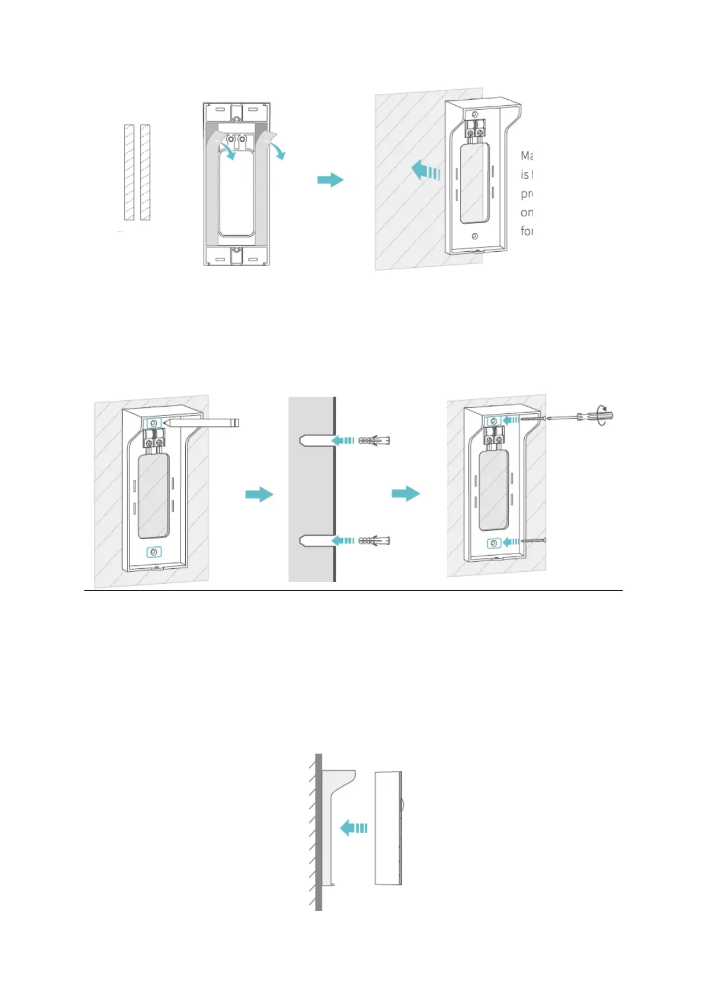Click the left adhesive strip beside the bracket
pyautogui.click(x=129, y=172)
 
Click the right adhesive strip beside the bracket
pyautogui.click(x=145, y=172)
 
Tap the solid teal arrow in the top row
pyautogui.click(x=330, y=179)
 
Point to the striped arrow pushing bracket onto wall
pyautogui.click(x=426, y=171)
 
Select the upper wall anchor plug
pyautogui.click(x=375, y=441)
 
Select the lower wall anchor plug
pyautogui.click(x=375, y=540)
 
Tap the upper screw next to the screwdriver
pyautogui.click(x=532, y=419)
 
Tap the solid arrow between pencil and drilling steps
pyautogui.click(x=259, y=494)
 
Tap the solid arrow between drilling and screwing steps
pyautogui.click(x=406, y=493)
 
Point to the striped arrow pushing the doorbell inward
pyautogui.click(x=354, y=827)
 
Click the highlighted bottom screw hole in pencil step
pyautogui.click(x=154, y=552)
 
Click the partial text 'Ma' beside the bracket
pyautogui.click(x=527, y=156)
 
